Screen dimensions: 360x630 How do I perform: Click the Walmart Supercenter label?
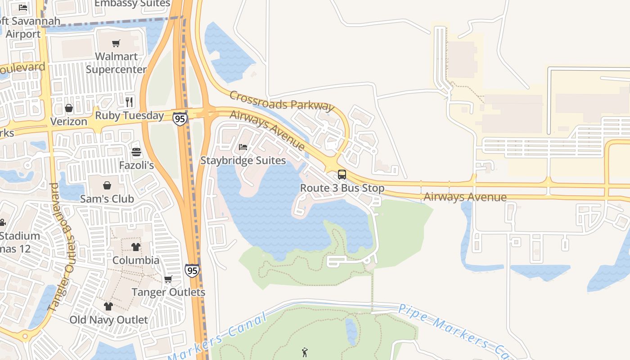pyautogui.click(x=116, y=63)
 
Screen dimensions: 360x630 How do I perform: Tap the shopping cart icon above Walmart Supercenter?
pyautogui.click(x=116, y=43)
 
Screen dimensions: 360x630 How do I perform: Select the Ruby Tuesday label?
pyautogui.click(x=130, y=116)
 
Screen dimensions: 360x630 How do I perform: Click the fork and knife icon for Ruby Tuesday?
pyautogui.click(x=130, y=102)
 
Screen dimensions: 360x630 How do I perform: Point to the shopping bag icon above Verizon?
pyautogui.click(x=69, y=108)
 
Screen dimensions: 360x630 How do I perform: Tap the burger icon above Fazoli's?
pyautogui.click(x=136, y=152)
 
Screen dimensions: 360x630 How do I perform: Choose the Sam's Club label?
pyautogui.click(x=107, y=199)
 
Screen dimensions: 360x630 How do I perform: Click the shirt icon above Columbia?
pyautogui.click(x=136, y=247)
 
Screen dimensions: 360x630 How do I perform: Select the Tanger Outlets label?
pyautogui.click(x=168, y=292)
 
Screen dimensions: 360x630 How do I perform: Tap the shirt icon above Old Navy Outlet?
pyautogui.click(x=108, y=306)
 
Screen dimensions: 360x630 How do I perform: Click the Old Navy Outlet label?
pyautogui.click(x=108, y=320)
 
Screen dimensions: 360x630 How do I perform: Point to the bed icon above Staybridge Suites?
pyautogui.click(x=243, y=147)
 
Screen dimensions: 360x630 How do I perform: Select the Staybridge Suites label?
pyautogui.click(x=243, y=161)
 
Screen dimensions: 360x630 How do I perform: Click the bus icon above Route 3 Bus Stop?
pyautogui.click(x=342, y=175)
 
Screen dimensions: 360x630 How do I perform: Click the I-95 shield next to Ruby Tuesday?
pyautogui.click(x=180, y=119)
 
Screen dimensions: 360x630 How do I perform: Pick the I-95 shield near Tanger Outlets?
pyautogui.click(x=192, y=270)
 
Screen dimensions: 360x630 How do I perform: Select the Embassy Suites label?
pyautogui.click(x=132, y=4)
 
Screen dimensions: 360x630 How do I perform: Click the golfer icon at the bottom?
pyautogui.click(x=305, y=352)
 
